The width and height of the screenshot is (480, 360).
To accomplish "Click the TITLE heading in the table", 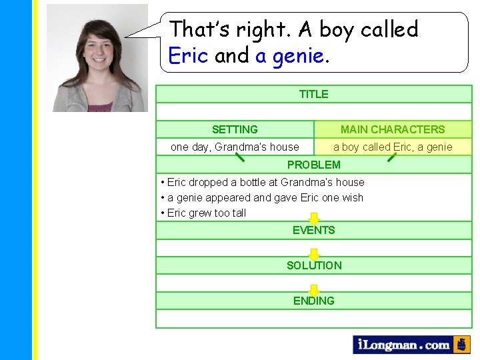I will [313, 94].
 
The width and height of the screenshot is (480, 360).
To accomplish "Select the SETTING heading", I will [235, 129].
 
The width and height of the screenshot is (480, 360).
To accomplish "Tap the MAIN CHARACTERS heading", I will [392, 129].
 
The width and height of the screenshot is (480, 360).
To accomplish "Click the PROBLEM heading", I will [313, 165].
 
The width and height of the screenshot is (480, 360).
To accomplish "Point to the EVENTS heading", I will [313, 231].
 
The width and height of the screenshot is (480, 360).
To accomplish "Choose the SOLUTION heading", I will [313, 265].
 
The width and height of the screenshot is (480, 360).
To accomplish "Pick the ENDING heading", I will [313, 301].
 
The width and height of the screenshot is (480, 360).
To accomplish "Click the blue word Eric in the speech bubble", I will [189, 55].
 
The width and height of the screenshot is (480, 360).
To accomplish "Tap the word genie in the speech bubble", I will [297, 55].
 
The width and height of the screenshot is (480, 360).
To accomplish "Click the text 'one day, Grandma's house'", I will [235, 147].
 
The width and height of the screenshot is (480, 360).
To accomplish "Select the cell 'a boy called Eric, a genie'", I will [392, 147].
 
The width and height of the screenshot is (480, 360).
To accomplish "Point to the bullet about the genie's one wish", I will [264, 197].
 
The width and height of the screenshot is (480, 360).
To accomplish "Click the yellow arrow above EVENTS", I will [314, 219].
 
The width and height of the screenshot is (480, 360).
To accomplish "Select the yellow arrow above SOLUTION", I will [314, 254].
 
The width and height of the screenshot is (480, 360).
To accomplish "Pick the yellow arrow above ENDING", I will [314, 289].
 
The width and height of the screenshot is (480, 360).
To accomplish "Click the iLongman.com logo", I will [403, 345].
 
